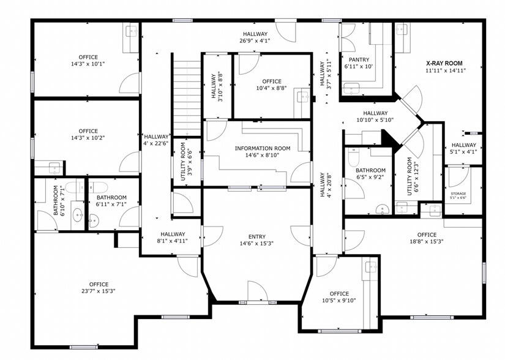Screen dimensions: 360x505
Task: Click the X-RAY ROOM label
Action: click(444, 63)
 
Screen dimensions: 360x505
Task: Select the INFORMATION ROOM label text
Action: click(262, 148)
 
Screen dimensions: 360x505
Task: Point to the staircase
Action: click(186, 92)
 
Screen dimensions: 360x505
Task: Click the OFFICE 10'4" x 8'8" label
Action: click(272, 81)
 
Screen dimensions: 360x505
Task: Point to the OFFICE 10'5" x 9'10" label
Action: click(339, 294)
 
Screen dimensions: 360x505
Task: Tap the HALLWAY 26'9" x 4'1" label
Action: click(255, 34)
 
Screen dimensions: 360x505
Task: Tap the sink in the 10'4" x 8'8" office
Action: click(302, 96)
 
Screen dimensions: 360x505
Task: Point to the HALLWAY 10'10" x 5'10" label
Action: click(375, 113)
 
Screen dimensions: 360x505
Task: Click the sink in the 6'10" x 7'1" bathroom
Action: click(78, 215)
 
